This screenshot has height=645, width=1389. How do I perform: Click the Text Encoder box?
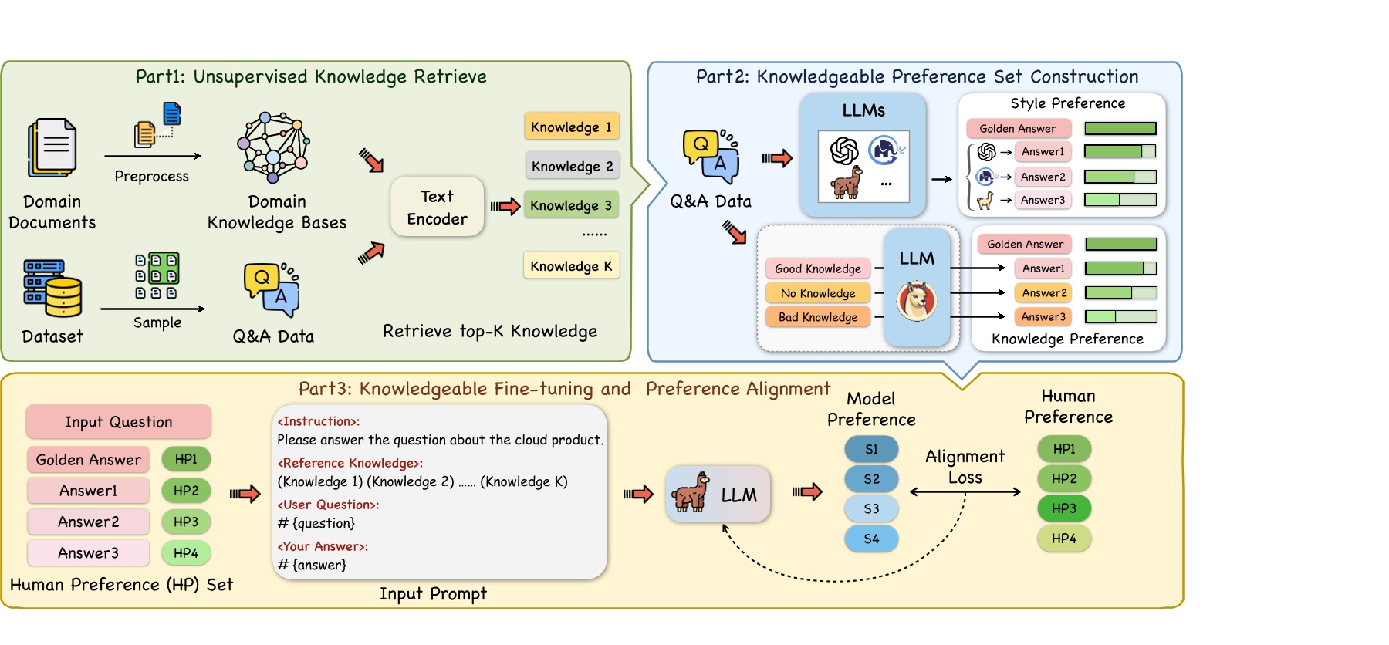tap(437, 207)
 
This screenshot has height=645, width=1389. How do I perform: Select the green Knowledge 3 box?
tap(571, 205)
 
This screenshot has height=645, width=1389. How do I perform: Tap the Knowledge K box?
tap(571, 265)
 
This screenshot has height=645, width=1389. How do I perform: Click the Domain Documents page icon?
tap(52, 147)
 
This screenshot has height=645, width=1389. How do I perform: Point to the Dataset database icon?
tap(52, 289)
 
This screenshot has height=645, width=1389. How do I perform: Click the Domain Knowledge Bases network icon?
tap(274, 147)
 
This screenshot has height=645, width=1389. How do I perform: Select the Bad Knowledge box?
tap(818, 316)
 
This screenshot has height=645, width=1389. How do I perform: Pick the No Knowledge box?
tap(818, 292)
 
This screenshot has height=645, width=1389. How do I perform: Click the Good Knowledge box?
tap(818, 268)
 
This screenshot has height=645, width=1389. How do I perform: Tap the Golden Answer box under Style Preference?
tap(1018, 128)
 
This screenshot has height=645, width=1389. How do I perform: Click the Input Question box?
tap(118, 421)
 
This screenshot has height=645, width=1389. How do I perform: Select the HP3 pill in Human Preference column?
tap(1063, 508)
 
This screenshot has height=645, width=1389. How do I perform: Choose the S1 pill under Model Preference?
tap(871, 449)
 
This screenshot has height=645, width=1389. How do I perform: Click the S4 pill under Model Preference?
tap(871, 539)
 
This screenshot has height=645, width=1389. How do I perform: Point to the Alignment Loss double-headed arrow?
tap(965, 491)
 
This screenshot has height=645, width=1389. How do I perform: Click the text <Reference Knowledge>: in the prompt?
tap(350, 463)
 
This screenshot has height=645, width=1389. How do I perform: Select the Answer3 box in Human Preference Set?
tap(88, 552)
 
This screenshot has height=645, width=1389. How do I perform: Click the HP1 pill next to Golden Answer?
tap(186, 459)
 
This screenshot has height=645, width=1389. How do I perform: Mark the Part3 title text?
tap(564, 388)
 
